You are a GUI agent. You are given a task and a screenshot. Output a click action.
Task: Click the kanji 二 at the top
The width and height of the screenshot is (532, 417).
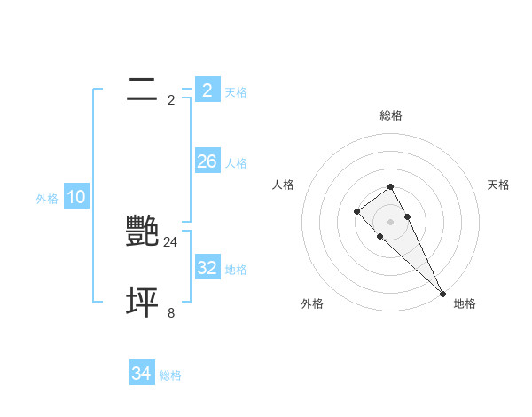[x=142, y=89]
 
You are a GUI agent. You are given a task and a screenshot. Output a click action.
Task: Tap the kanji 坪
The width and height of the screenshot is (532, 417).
[x=142, y=303]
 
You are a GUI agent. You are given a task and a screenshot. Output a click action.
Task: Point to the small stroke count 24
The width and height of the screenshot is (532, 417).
[x=171, y=241]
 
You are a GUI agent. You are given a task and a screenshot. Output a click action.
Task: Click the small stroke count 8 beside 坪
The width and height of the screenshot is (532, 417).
[x=171, y=312]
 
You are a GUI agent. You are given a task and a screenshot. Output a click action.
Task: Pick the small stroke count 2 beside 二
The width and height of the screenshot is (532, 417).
[x=171, y=99]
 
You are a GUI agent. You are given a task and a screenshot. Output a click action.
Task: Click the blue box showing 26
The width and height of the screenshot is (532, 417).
[x=207, y=161]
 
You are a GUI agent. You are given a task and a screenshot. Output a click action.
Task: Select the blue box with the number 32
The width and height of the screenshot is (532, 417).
[x=207, y=268]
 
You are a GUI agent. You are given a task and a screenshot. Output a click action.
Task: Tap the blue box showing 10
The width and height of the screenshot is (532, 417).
[x=76, y=197]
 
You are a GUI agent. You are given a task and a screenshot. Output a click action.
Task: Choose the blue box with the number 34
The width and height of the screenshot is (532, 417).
[x=141, y=374]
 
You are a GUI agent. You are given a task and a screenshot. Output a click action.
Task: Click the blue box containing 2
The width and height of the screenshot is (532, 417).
[x=207, y=90]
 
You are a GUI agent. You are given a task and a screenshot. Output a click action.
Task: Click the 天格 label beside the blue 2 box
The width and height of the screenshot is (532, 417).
[x=236, y=91]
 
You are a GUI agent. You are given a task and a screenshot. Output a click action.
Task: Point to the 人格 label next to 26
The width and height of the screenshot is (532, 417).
[x=236, y=162]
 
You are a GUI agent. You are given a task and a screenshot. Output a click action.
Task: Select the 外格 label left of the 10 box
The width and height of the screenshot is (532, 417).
[x=47, y=199]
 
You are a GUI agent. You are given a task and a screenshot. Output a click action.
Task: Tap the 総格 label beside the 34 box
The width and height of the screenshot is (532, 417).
[x=170, y=375]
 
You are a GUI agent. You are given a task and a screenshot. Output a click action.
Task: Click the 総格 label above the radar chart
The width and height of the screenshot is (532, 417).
[x=391, y=115]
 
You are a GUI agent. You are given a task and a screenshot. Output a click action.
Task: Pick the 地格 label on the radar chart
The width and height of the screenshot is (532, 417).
[x=465, y=303]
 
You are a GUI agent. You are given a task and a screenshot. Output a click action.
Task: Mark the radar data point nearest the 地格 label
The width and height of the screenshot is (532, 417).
[x=443, y=293]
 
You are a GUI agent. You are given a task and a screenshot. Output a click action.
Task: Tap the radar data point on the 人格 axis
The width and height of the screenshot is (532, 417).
[x=356, y=211]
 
